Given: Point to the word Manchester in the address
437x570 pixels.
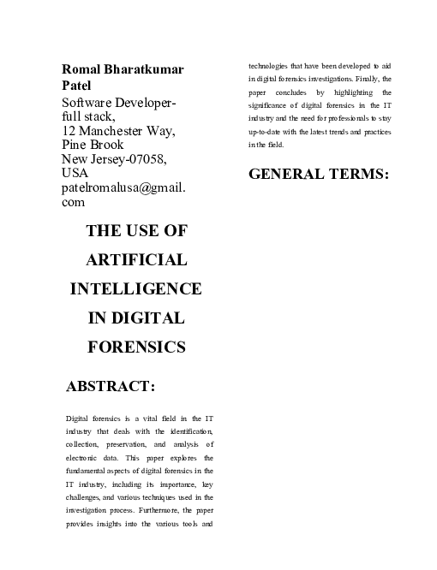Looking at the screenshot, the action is click(113, 132).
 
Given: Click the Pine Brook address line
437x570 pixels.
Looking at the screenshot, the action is click(93, 145).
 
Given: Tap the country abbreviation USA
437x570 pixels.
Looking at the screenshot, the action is click(75, 174).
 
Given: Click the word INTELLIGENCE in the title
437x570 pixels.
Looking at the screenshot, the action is click(136, 289).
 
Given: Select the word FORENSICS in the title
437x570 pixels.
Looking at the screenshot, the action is click(137, 347).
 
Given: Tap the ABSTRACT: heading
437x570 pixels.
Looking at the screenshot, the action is click(111, 388).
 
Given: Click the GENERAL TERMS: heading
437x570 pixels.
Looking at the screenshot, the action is click(319, 175).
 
